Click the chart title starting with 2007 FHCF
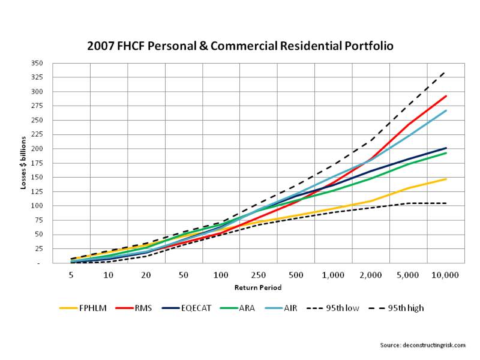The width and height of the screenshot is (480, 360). [x=240, y=46]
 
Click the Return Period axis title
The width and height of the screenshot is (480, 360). [x=257, y=288]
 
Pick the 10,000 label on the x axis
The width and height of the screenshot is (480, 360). [x=445, y=274]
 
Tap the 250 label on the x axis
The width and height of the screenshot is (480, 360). [x=258, y=274]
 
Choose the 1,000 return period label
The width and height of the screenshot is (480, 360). [x=333, y=274]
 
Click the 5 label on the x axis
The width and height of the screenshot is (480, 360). [x=71, y=274]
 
